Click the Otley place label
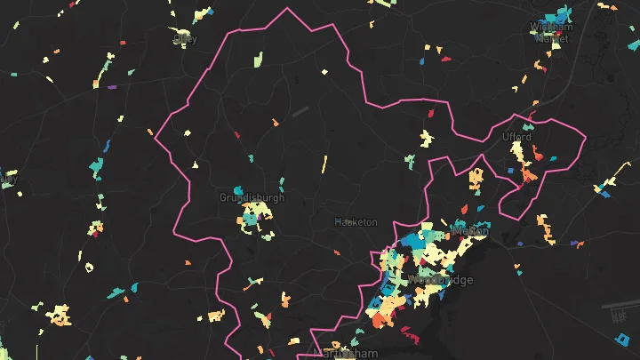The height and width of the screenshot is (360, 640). pos(184,38)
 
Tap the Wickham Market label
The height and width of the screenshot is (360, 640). pos(551,32)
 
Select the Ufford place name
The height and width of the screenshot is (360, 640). pos(516,137)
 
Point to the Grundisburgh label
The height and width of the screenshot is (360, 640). pos(252,197)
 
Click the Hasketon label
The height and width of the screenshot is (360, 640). pos(356,221)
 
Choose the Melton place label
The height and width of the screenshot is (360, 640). pos(471,230)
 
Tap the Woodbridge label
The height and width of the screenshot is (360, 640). pos(441,280)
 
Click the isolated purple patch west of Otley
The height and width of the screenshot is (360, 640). pos(111,87)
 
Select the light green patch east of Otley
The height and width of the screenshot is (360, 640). pos(257,61)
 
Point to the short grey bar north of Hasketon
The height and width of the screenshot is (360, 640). pos(299,112)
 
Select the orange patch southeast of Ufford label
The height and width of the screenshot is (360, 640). pos(529,174)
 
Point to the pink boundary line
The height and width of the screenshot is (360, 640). pos(287,10)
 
